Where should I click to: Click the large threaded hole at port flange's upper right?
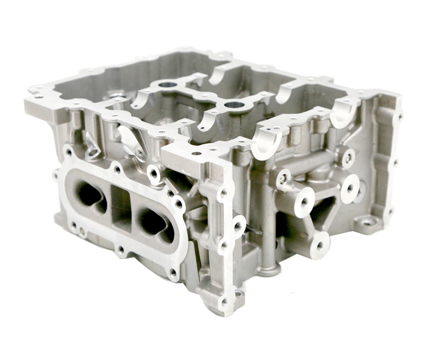[154, 173]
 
